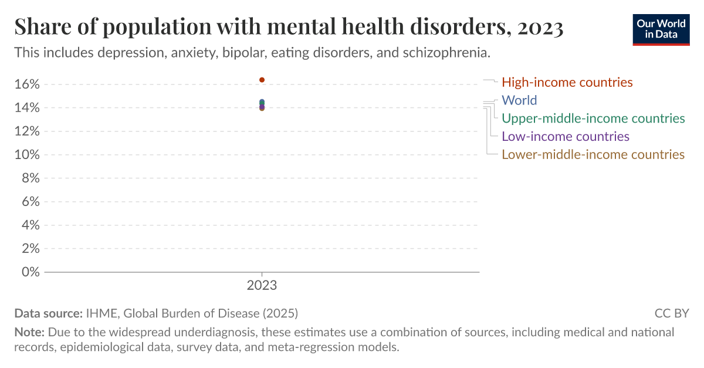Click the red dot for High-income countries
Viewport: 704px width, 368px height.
tap(262, 80)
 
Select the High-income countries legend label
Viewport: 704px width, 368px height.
tap(567, 82)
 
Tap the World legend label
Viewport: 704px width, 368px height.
tap(519, 100)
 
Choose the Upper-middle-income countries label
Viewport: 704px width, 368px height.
tap(593, 119)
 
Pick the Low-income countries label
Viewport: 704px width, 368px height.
tap(566, 137)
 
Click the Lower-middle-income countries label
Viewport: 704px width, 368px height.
tap(593, 155)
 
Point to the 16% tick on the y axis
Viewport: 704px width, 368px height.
tap(26, 85)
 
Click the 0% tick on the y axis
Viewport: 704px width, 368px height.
tap(30, 272)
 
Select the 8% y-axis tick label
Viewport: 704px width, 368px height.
tap(30, 178)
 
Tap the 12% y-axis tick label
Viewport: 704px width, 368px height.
tap(26, 131)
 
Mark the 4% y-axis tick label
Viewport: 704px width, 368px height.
tap(30, 225)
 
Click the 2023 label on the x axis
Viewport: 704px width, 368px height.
tap(262, 286)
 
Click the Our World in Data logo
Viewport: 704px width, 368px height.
tap(661, 29)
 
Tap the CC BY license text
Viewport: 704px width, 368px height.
tap(672, 313)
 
